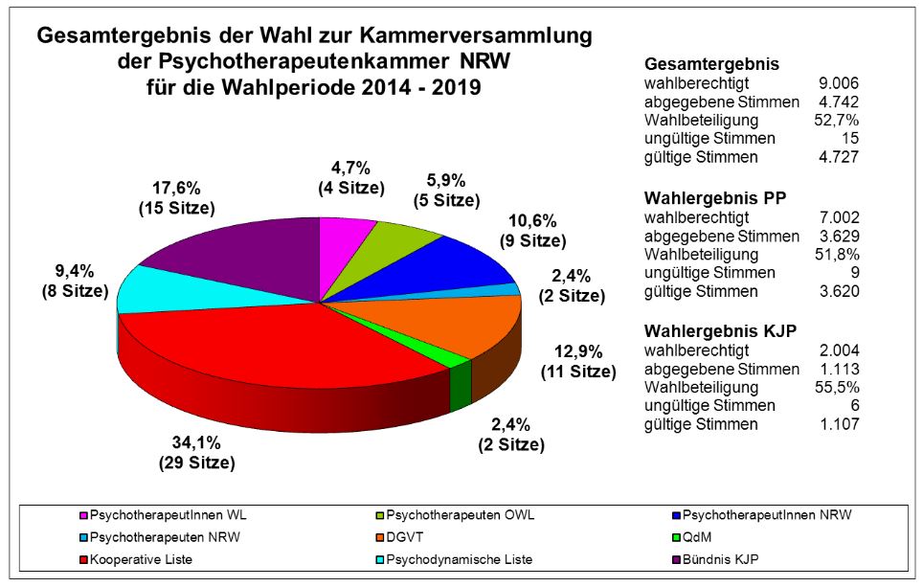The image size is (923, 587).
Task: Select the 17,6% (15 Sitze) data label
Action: point(176,197)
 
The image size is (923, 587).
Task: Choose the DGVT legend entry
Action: point(403,536)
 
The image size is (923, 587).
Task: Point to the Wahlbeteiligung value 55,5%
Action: point(838,388)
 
